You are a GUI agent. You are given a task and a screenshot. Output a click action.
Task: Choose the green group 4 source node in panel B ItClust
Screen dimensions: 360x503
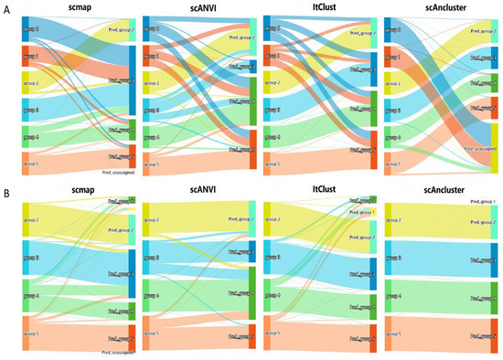click(266, 296)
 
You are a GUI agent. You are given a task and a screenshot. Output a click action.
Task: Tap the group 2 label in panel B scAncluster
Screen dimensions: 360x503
click(399, 220)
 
